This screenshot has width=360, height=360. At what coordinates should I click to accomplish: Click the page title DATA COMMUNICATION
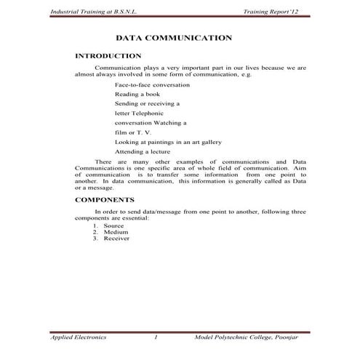[174, 37]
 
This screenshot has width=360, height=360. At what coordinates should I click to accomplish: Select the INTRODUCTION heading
[108, 56]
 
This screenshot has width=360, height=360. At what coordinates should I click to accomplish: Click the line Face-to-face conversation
[152, 85]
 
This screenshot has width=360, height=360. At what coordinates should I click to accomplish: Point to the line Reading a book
[136, 95]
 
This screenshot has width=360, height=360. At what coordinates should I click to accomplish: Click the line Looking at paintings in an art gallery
[168, 141]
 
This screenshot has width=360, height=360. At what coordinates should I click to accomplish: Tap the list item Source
[113, 226]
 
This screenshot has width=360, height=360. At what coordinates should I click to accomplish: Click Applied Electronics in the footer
[78, 338]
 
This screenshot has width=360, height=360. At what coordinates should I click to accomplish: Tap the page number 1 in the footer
[156, 338]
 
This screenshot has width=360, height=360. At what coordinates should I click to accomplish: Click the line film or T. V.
[132, 132]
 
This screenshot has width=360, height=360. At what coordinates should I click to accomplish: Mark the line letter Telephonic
[138, 113]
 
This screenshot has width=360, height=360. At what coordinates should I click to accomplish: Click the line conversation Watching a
[151, 123]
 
